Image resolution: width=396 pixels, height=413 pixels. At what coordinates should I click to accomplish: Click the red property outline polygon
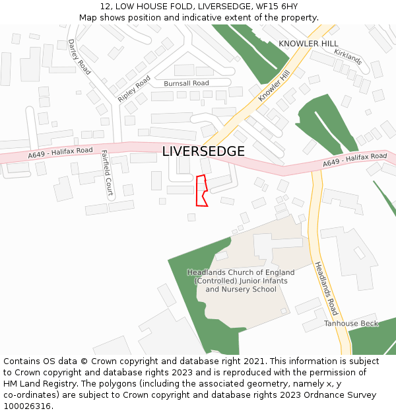pyautogui.click(x=201, y=191)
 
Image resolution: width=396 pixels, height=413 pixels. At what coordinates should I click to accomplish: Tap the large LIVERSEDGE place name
pyautogui.click(x=203, y=151)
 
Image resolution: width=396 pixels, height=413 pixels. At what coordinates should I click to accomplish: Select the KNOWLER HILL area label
pyautogui.click(x=308, y=44)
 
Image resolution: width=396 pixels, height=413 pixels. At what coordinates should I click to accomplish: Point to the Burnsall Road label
pyautogui.click(x=186, y=83)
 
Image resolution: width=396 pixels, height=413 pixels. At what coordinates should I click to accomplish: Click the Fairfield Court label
pyautogui.click(x=108, y=174)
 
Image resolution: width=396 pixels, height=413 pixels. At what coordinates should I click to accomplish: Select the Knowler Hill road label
pyautogui.click(x=274, y=86)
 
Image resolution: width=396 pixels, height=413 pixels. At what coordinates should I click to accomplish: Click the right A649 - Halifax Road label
pyautogui.click(x=354, y=160)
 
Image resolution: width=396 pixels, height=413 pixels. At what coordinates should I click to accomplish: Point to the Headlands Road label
pyautogui.click(x=326, y=288)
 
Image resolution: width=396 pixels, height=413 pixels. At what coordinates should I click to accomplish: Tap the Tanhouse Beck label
pyautogui.click(x=351, y=323)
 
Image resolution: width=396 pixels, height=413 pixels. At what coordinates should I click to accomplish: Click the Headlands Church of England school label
pyautogui.click(x=241, y=281)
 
